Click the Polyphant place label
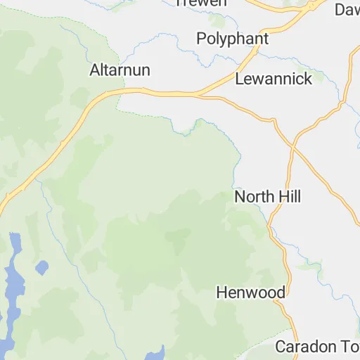click(233, 38)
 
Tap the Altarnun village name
click(120, 70)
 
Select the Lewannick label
click(274, 79)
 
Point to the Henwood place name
click(250, 292)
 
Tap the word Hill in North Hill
click(288, 197)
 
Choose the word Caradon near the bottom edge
click(301, 347)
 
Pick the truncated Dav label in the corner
click(347, 9)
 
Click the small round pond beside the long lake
click(41, 267)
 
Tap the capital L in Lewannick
click(239, 79)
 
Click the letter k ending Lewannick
click(307, 79)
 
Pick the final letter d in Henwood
click(281, 292)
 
